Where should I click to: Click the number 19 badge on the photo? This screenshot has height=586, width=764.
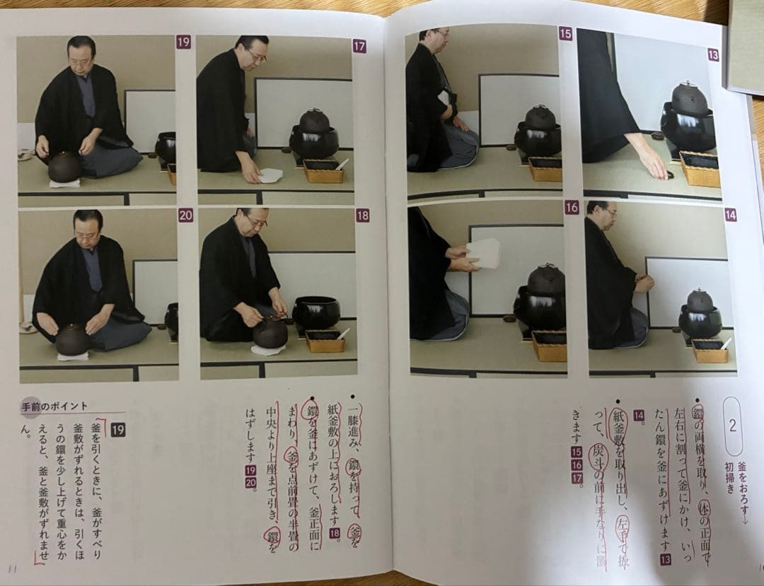183,42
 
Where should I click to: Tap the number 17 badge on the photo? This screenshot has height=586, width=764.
359,47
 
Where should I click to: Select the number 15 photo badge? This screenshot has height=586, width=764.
565,33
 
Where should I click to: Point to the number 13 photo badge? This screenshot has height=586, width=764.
713,54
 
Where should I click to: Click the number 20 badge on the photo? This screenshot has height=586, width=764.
185,216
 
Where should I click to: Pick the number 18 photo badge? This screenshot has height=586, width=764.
362,216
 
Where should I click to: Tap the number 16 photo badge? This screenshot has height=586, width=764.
572,208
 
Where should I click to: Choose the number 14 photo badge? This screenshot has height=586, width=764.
730,214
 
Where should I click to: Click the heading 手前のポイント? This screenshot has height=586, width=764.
55,406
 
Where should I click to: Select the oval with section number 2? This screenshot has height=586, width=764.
732,426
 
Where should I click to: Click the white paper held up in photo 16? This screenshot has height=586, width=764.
484,253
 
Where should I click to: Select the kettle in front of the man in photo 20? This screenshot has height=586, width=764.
73,339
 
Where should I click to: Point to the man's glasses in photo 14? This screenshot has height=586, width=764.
610,212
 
